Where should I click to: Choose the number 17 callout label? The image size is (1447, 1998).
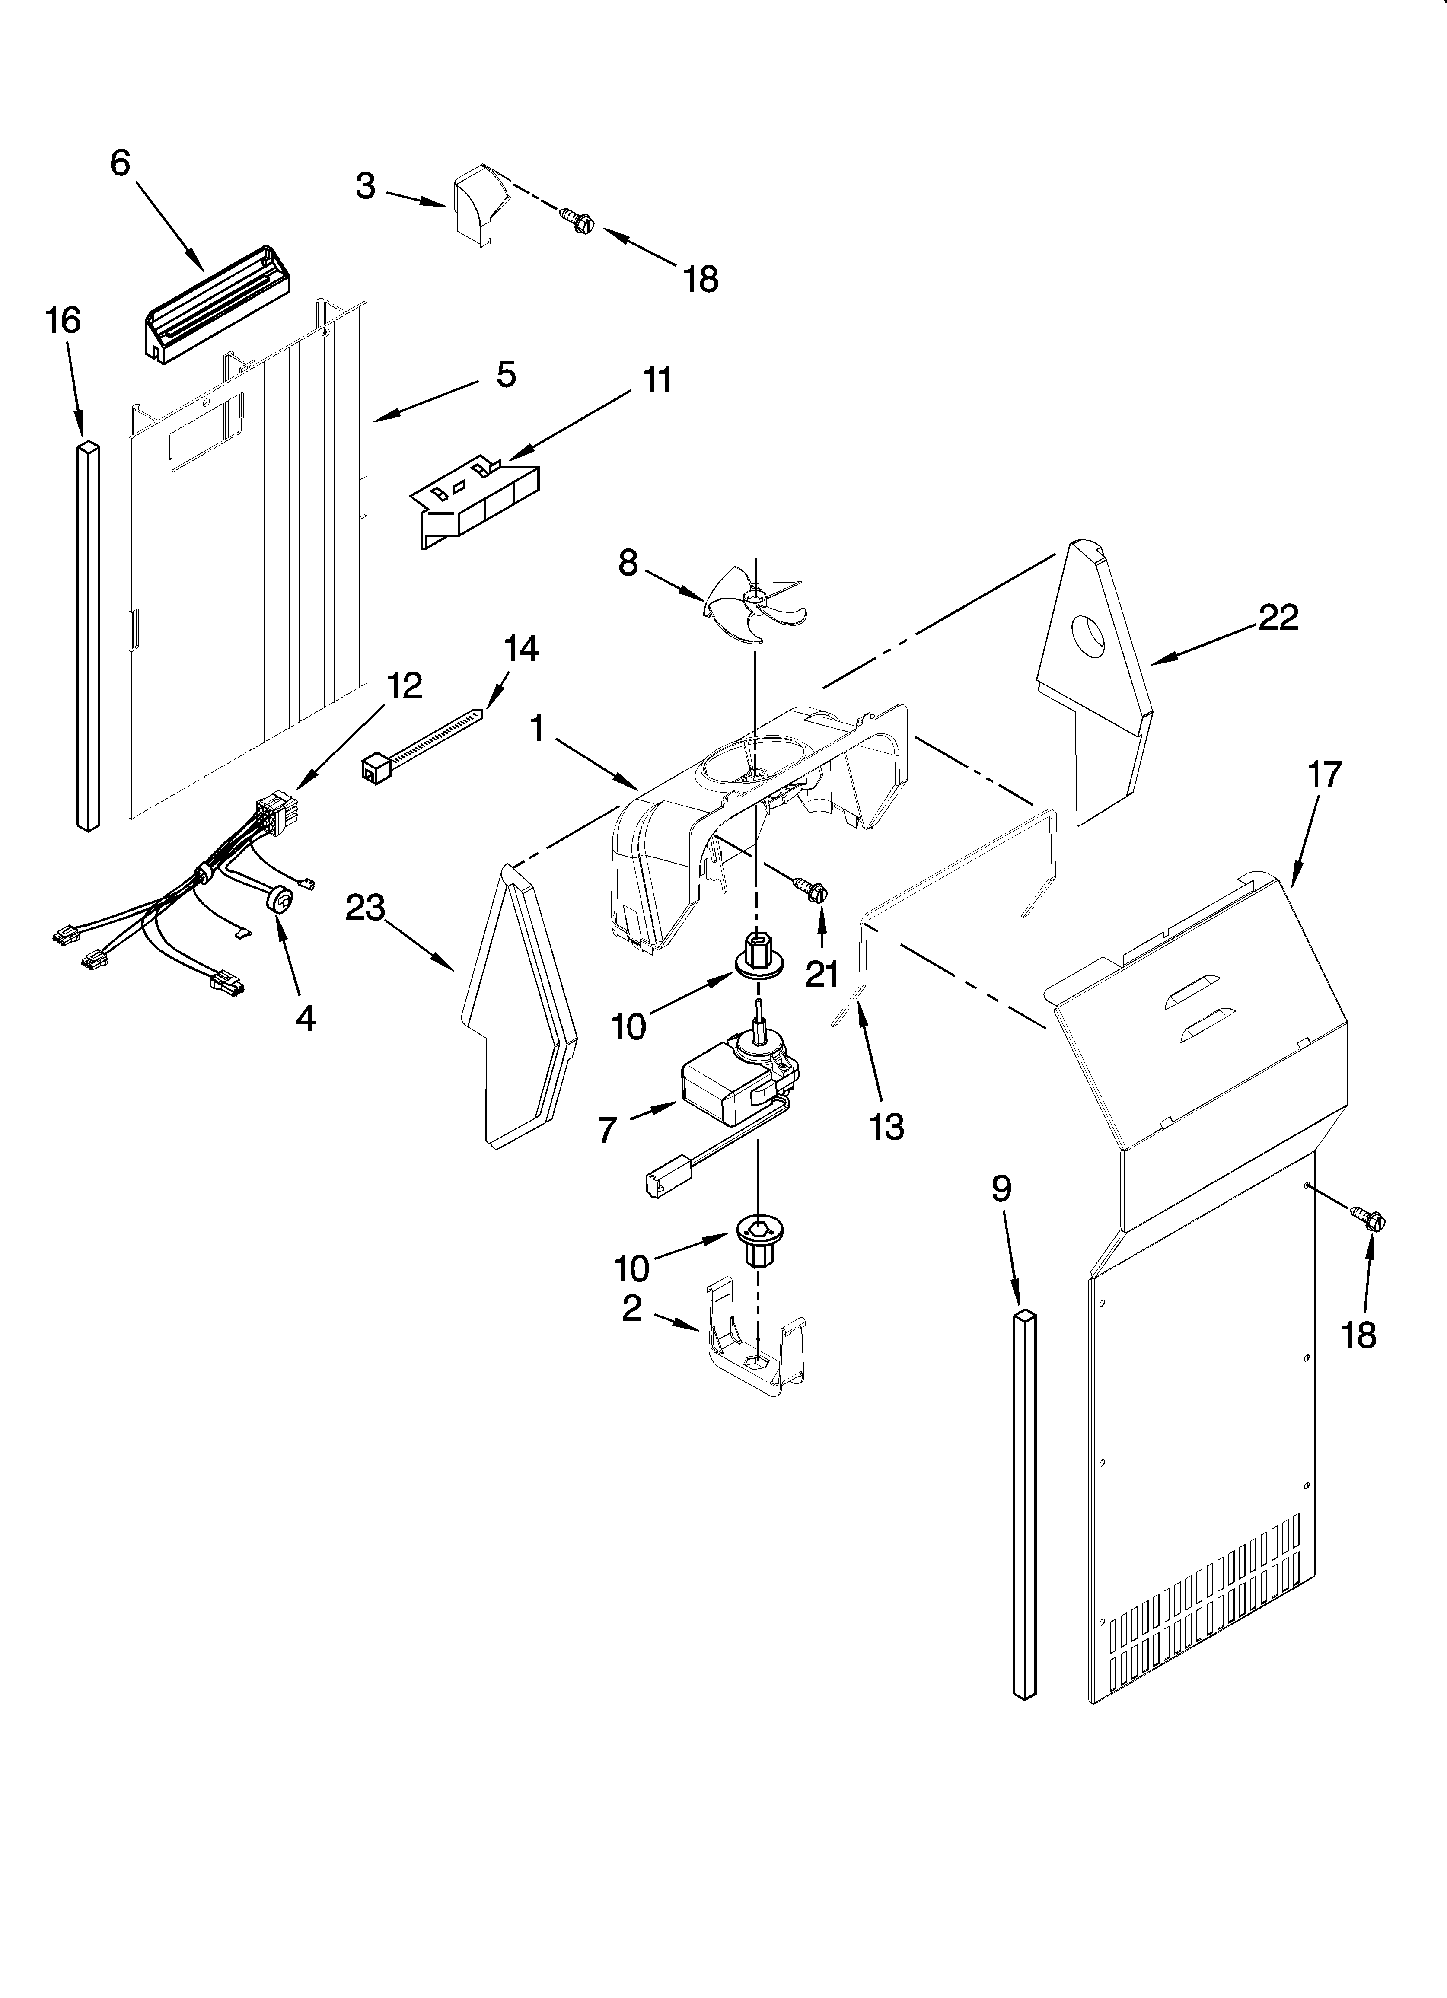(x=1324, y=774)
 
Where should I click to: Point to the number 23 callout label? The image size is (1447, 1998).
(x=365, y=908)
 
